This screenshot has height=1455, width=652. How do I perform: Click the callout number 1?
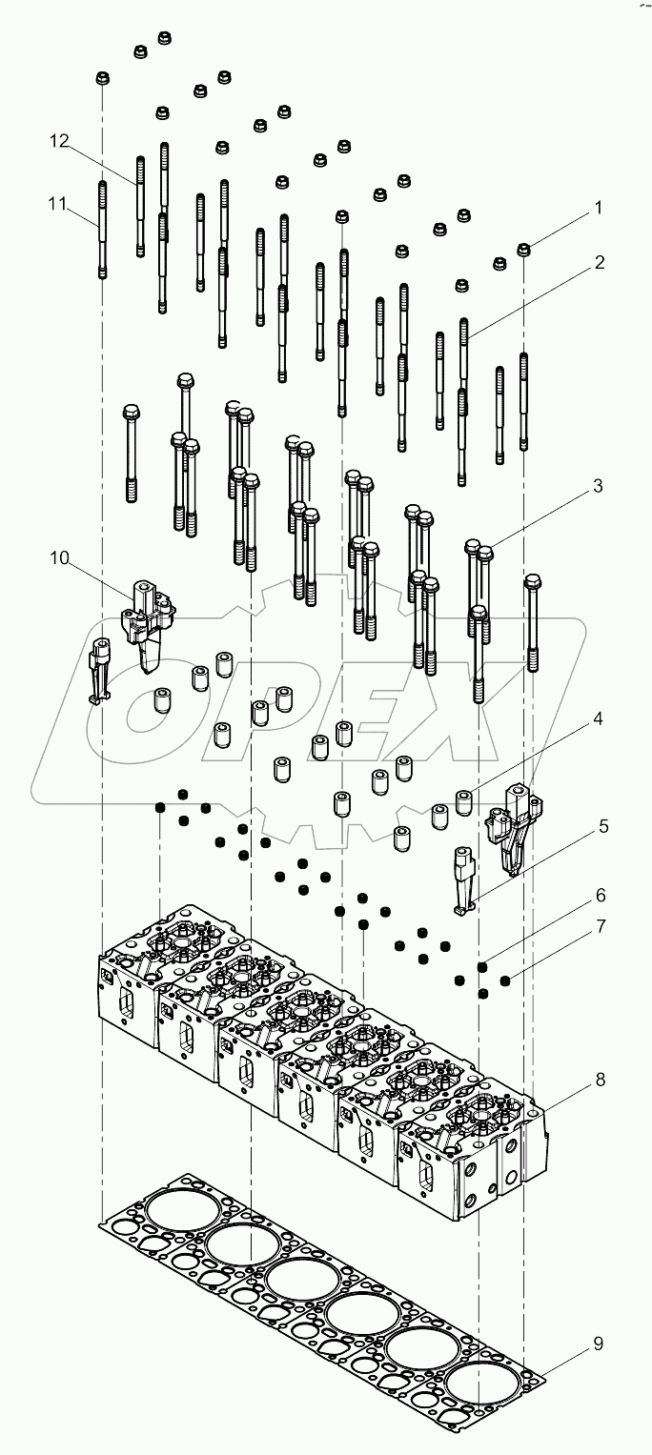(598, 206)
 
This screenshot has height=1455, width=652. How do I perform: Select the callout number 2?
(598, 261)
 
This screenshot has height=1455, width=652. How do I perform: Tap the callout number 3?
(598, 486)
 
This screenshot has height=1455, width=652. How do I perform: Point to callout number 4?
(598, 720)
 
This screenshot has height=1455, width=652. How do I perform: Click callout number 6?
(598, 896)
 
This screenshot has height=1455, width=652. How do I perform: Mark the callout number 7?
(598, 925)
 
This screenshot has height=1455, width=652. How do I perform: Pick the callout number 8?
(598, 1080)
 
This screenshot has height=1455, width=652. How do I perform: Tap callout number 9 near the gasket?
(598, 1344)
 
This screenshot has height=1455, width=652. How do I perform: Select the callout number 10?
(59, 558)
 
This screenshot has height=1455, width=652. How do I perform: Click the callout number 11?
(59, 203)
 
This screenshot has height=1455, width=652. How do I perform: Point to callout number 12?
(59, 141)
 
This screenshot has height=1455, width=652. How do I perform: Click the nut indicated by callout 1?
(523, 250)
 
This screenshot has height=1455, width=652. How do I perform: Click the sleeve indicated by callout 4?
(464, 802)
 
